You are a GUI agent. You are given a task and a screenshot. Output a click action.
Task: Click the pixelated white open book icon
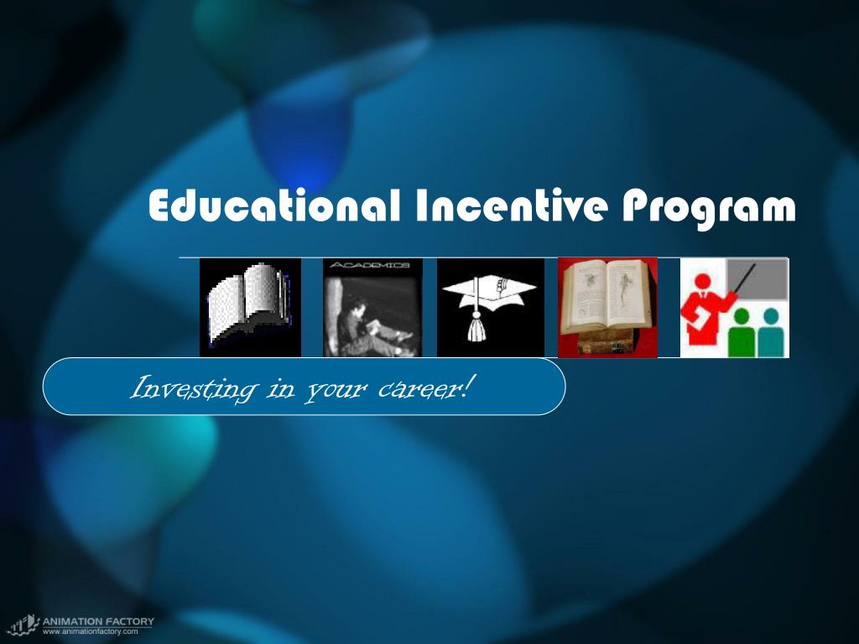[250, 306]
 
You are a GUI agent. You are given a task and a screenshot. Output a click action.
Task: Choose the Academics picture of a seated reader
[372, 313]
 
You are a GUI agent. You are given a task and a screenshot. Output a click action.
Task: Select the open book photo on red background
[607, 306]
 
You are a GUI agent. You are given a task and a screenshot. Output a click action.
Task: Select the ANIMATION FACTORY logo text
[99, 621]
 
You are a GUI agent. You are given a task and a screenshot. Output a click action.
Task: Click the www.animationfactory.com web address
[91, 631]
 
